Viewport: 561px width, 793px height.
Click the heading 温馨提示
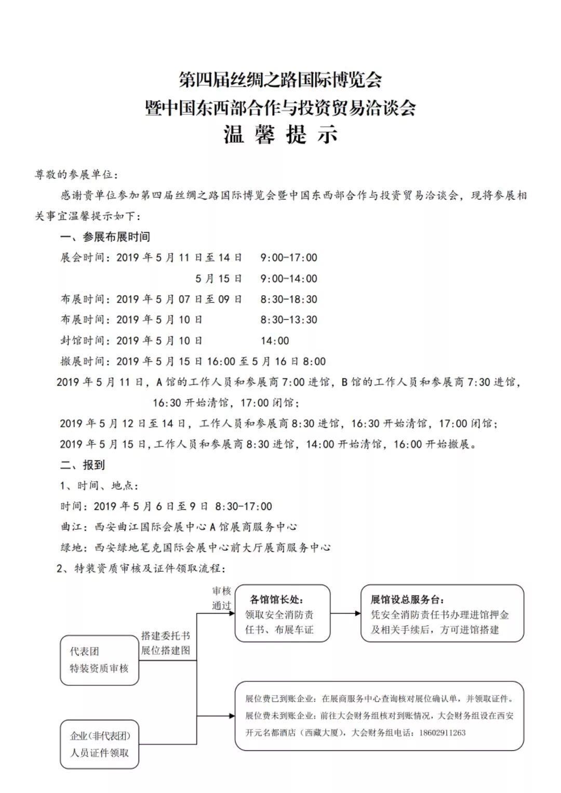point(280,135)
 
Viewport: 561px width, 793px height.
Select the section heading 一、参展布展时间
point(105,237)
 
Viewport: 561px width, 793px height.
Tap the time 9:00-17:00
point(289,258)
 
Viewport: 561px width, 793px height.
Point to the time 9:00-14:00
point(289,279)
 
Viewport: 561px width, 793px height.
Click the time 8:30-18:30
point(289,299)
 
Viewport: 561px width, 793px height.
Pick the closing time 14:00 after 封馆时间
point(275,341)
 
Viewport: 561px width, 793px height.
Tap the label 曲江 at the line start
point(71,527)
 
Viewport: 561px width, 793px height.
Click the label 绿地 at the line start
point(71,547)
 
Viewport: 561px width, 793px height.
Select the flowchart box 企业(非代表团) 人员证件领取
point(99,744)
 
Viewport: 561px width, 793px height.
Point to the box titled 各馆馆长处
point(282,613)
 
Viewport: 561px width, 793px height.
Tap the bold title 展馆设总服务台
point(408,599)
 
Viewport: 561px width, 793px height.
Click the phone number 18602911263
point(440,733)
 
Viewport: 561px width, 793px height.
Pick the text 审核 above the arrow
point(221,591)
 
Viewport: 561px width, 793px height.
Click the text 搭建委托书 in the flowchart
point(166,636)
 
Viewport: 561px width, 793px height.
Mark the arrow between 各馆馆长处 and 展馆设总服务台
point(345,613)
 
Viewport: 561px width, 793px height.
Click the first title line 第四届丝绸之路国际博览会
point(280,80)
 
